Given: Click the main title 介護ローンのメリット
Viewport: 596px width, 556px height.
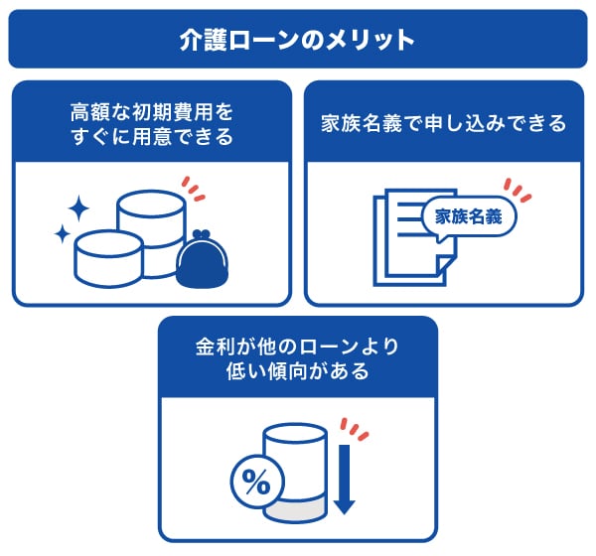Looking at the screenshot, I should (297, 40).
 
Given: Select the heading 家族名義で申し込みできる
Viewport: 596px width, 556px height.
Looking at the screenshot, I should (443, 123).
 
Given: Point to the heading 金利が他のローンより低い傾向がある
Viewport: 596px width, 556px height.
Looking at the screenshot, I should (297, 359).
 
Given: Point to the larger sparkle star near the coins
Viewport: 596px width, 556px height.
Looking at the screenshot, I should (77, 208).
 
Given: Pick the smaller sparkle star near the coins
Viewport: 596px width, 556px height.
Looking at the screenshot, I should (62, 235).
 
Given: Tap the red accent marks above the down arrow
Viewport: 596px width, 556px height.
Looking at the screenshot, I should (354, 430).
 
